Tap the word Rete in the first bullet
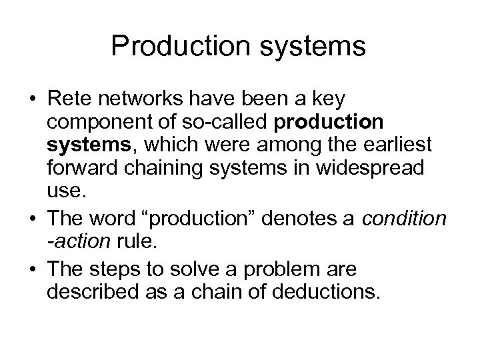68,99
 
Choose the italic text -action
76,241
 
